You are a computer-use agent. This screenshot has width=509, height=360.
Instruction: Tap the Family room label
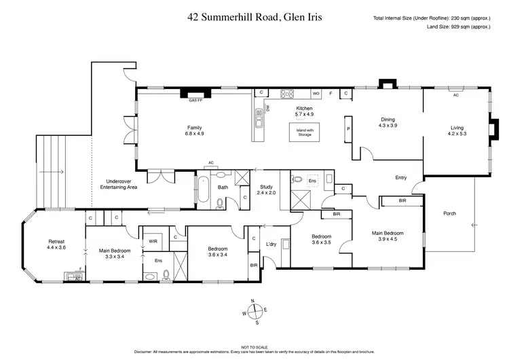tap(195, 130)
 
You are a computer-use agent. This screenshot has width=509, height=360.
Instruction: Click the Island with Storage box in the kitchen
tap(304, 132)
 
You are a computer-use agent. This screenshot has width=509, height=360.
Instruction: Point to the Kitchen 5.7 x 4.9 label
tap(303, 112)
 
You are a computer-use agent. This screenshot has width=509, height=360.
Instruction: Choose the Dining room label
tap(388, 123)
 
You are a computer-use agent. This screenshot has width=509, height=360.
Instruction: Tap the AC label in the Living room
tap(455, 96)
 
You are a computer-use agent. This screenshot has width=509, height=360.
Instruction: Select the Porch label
tap(449, 213)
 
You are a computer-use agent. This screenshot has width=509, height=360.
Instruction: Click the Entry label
tap(401, 178)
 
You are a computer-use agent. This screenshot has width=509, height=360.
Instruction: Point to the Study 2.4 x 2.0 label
tap(266, 190)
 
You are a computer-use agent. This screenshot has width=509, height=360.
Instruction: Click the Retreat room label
tap(56, 245)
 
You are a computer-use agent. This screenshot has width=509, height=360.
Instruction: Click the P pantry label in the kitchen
tap(348, 128)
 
